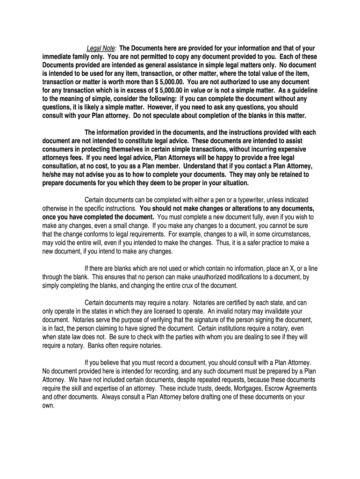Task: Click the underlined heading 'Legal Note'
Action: coord(101,48)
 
